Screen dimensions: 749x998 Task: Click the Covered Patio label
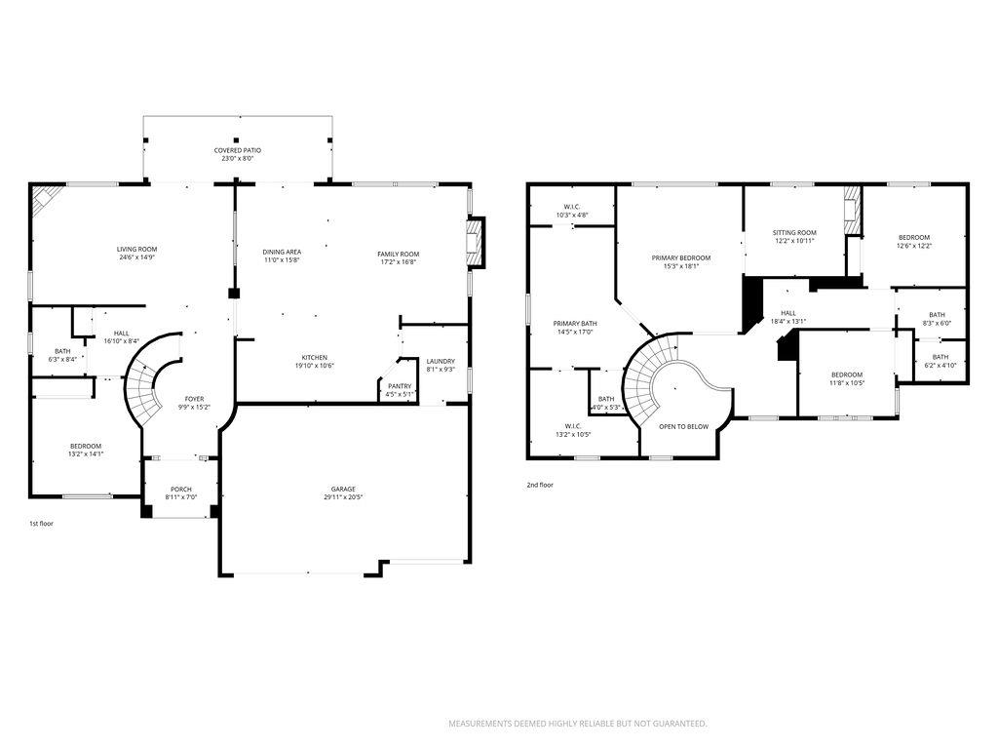coord(238,150)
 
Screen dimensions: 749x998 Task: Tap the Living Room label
coord(137,250)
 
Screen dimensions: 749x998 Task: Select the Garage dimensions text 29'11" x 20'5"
coord(342,497)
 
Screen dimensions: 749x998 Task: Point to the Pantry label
coord(400,386)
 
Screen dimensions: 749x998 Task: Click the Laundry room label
coord(441,362)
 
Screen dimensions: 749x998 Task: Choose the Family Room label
coord(399,254)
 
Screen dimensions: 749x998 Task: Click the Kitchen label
coord(314,357)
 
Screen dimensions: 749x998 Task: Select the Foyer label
coord(195,399)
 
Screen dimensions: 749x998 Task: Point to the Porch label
coord(181,489)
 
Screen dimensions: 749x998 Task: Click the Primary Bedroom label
coord(681,257)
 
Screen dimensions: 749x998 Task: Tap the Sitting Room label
coord(794,232)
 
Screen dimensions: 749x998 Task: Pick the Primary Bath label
coord(575,324)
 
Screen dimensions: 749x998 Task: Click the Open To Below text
coord(683,426)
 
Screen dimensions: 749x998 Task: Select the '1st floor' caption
coord(40,524)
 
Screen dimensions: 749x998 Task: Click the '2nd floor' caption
coord(540,484)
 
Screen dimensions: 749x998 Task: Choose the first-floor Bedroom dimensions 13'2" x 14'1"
coord(86,454)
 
